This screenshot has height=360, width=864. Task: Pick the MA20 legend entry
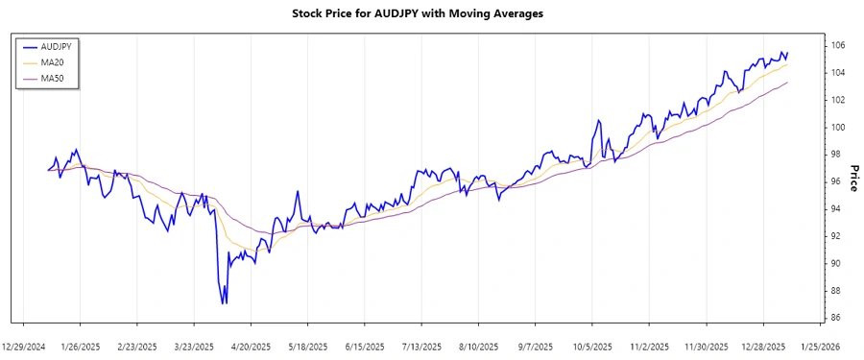(54, 61)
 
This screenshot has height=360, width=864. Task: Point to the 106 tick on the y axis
(838, 45)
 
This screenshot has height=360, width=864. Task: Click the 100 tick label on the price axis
(838, 127)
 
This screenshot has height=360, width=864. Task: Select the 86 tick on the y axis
(836, 317)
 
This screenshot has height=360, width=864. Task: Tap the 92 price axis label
(836, 235)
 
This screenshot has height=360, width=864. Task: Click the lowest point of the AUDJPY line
(224, 303)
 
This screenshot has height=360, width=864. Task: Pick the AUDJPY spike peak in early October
(598, 120)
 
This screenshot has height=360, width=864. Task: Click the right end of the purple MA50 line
(788, 83)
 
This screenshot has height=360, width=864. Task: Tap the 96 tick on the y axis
(836, 181)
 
